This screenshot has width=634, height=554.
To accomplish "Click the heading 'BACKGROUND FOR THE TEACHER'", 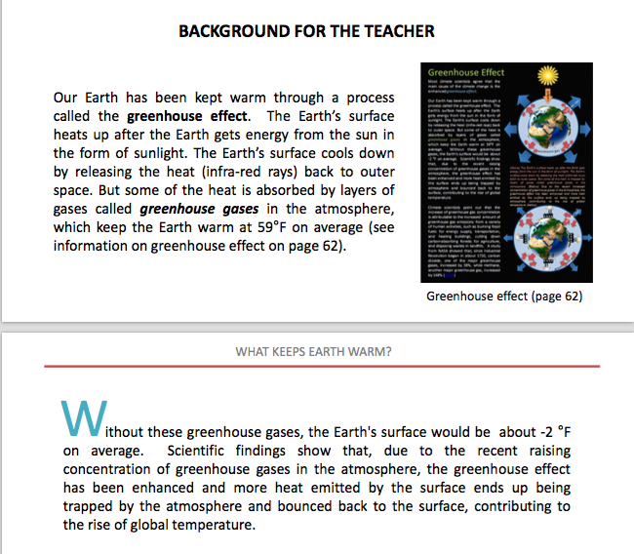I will tap(306, 31).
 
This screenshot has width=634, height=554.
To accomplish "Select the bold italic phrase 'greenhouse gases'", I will tap(187, 208).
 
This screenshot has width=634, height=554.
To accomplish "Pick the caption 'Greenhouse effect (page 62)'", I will tap(504, 297).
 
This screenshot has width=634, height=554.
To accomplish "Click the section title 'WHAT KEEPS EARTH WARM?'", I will tap(313, 351).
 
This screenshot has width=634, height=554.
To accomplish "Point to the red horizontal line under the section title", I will tap(313, 367).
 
